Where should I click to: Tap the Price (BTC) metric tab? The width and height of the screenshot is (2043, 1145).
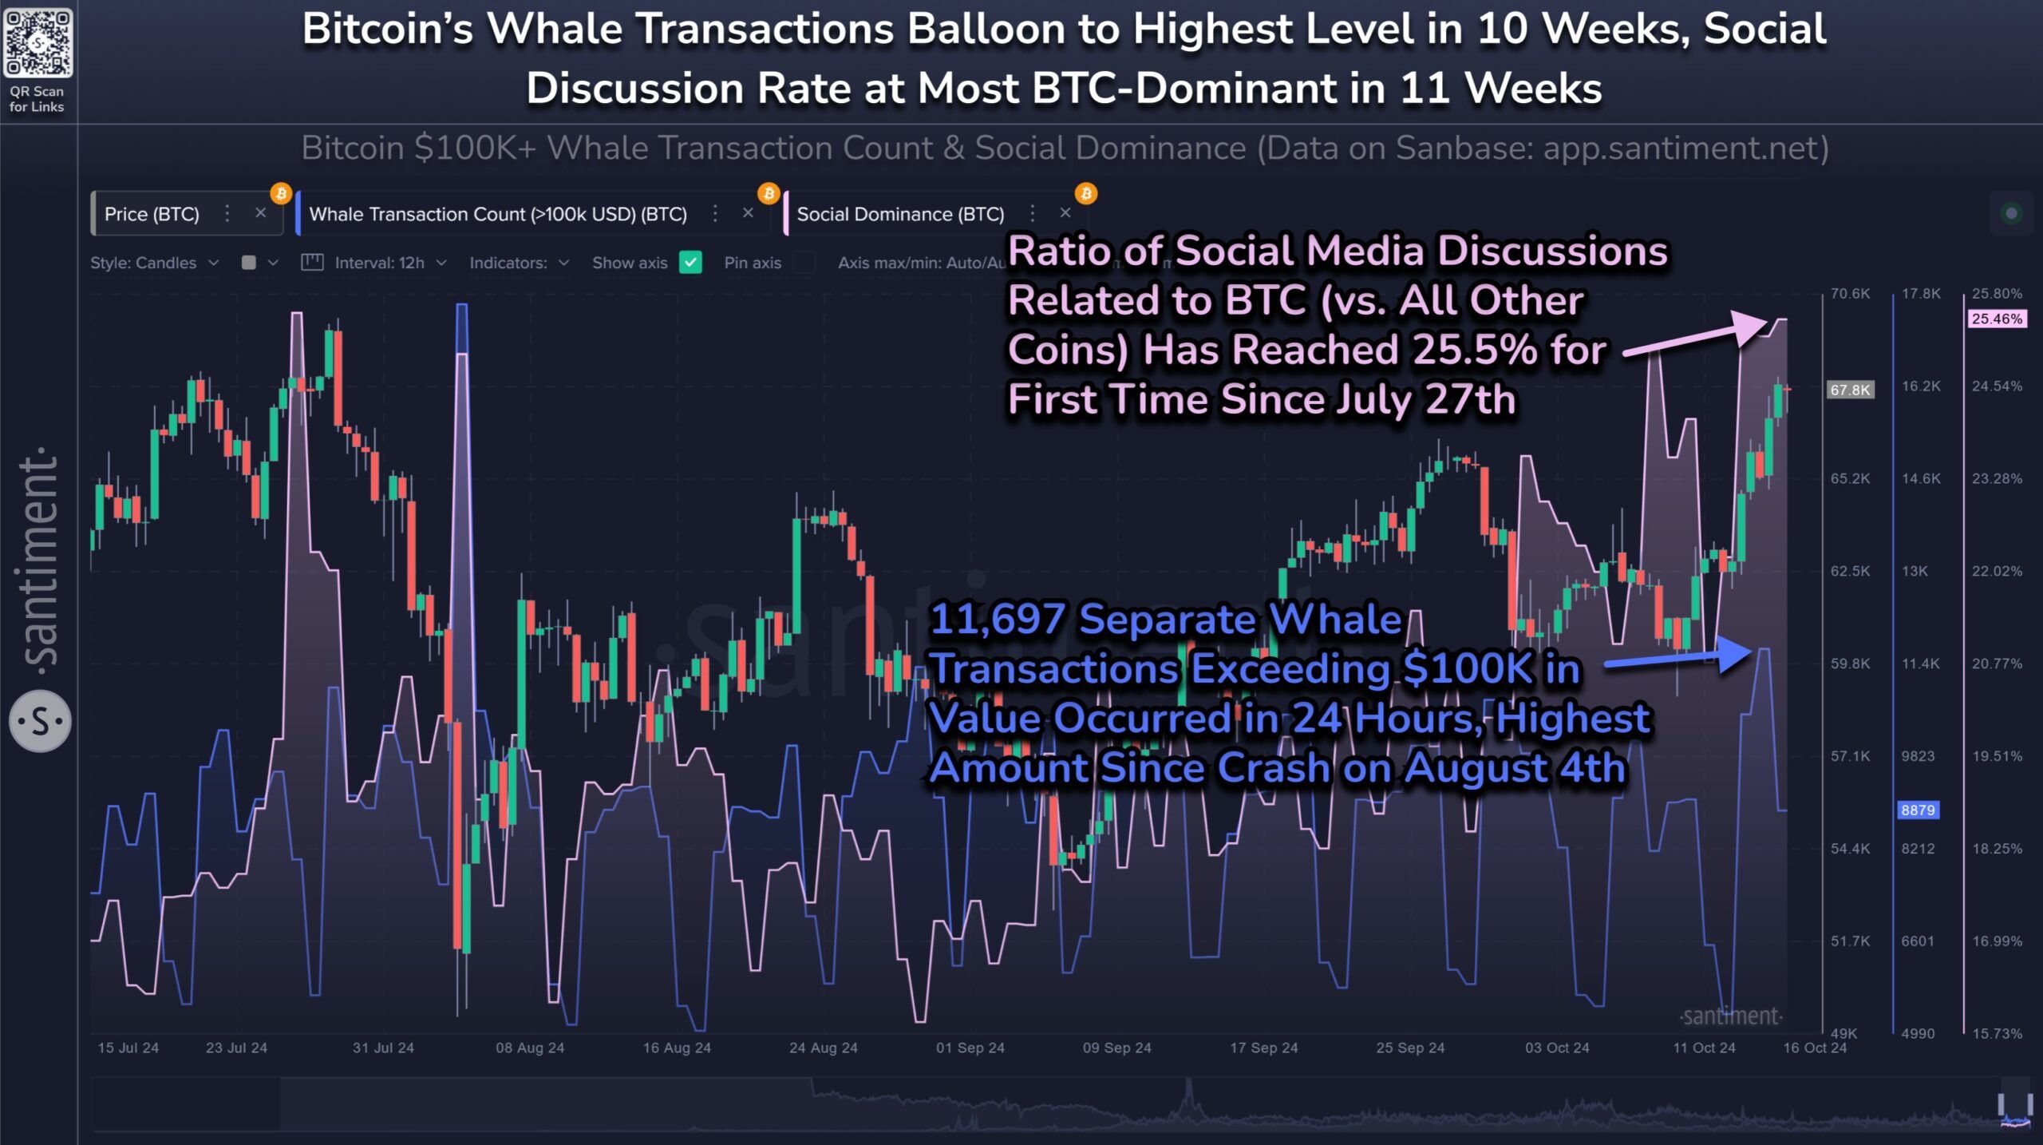click(x=152, y=214)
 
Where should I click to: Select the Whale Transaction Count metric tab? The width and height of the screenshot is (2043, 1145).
click(x=497, y=214)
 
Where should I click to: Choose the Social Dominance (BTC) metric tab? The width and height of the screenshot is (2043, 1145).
click(x=899, y=214)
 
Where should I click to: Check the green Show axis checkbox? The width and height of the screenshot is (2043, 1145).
click(x=690, y=263)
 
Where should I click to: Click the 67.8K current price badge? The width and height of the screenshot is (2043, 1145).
click(x=1850, y=390)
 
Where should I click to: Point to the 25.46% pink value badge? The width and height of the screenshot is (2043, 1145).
click(x=1997, y=319)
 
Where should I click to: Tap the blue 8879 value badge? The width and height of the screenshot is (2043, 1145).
click(x=1918, y=810)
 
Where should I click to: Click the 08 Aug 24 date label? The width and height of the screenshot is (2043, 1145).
click(x=530, y=1048)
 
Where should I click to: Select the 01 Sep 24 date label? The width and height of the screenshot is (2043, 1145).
click(x=970, y=1048)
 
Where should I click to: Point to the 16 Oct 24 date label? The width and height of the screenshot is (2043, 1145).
click(x=1815, y=1048)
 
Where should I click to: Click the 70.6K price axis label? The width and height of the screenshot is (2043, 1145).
click(x=1850, y=294)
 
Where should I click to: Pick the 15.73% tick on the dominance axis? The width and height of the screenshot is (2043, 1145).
click(x=1997, y=1034)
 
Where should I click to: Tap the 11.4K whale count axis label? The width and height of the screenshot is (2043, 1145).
click(x=1920, y=664)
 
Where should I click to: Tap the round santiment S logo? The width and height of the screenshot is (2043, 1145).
click(x=40, y=722)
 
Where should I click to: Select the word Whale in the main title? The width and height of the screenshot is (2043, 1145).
click(x=555, y=30)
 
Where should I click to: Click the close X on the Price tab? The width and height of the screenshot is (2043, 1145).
click(x=260, y=213)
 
